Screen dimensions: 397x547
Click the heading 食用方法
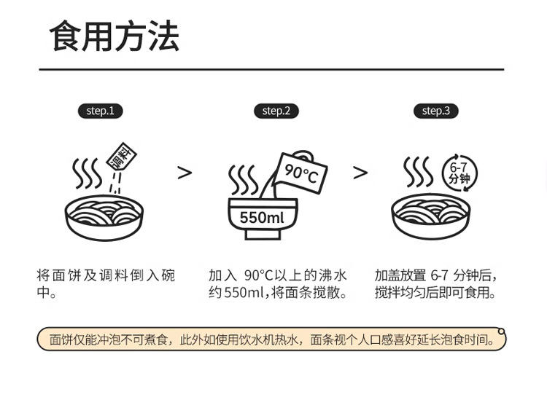click(x=114, y=36)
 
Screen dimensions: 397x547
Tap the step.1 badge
click(x=100, y=111)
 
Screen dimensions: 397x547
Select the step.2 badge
click(x=276, y=111)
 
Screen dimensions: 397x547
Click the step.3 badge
click(x=436, y=111)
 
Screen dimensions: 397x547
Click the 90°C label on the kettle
click(x=301, y=173)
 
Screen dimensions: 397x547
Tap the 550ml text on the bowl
click(x=262, y=218)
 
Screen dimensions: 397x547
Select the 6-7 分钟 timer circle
click(x=459, y=173)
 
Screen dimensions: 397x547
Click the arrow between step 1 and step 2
click(x=185, y=173)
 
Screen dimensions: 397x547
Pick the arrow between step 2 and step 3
click(x=360, y=173)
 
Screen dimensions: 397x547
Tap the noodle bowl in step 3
click(x=430, y=215)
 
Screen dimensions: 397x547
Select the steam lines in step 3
click(x=418, y=172)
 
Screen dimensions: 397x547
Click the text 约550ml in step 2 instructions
click(x=237, y=293)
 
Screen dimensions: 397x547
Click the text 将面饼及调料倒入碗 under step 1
click(x=106, y=275)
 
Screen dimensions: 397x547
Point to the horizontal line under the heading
click(x=271, y=69)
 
